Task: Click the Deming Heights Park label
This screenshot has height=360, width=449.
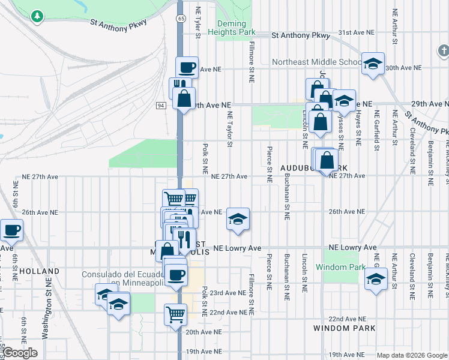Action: [x=232, y=28]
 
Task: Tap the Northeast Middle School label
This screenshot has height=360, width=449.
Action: [x=316, y=62]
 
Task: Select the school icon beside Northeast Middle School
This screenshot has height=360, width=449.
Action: [x=373, y=64]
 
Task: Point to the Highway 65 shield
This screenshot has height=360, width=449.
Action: [x=180, y=19]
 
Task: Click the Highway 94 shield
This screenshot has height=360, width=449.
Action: [x=161, y=106]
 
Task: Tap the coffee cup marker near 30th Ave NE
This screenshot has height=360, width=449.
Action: [x=187, y=67]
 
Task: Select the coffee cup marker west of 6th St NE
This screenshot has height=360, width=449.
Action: [x=11, y=230]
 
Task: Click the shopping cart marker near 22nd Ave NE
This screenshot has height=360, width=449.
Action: [x=176, y=314]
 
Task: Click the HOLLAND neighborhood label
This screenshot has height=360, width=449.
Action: [x=39, y=271]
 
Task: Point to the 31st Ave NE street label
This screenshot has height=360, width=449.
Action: [x=356, y=32]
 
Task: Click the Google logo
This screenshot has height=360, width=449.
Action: [x=20, y=353]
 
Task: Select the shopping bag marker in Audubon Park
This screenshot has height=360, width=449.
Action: [x=328, y=161]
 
